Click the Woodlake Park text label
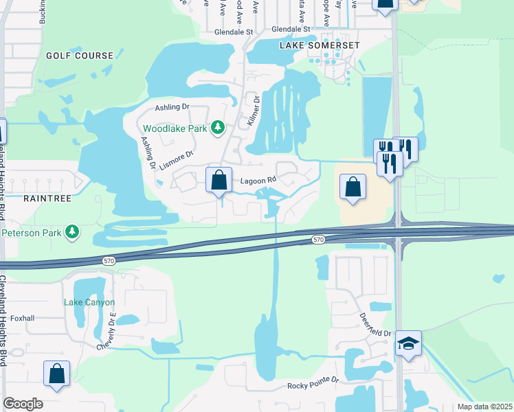pyautogui.click(x=175, y=128)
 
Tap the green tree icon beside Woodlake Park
pyautogui.click(x=218, y=127)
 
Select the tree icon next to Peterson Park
pyautogui.click(x=72, y=233)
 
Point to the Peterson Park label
pyautogui.click(x=32, y=233)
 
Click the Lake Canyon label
pyautogui.click(x=89, y=302)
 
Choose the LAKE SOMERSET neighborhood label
pyautogui.click(x=320, y=45)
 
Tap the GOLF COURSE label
pyautogui.click(x=79, y=55)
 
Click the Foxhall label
pyautogui.click(x=23, y=319)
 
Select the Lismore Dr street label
pyautogui.click(x=177, y=159)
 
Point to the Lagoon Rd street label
pyautogui.click(x=258, y=181)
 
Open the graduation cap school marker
pyautogui.click(x=408, y=343)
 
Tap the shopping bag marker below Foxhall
pyautogui.click(x=57, y=374)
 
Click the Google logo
pyautogui.click(x=23, y=404)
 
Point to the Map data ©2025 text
pyautogui.click(x=484, y=407)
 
